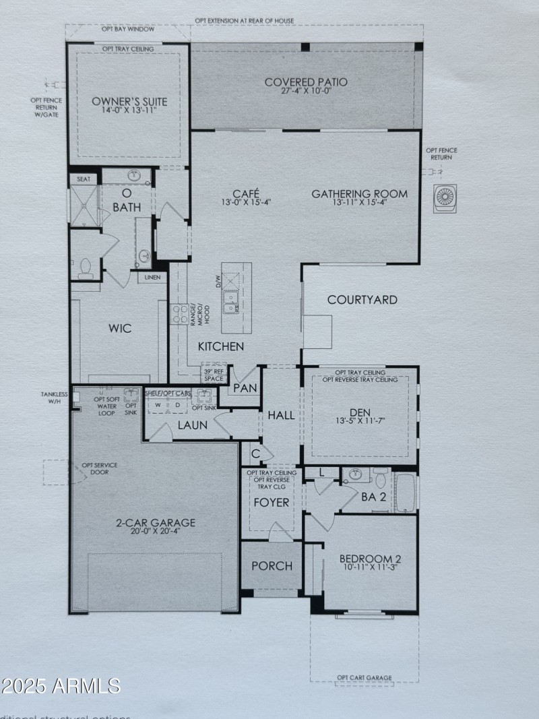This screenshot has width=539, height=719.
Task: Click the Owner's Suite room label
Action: click(x=129, y=102)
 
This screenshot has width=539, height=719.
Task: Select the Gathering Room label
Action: click(x=359, y=194)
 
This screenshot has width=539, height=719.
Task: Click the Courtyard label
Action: click(x=362, y=300)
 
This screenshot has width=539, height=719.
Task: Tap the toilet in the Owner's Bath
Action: click(x=85, y=268)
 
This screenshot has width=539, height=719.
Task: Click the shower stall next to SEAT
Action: click(x=84, y=205)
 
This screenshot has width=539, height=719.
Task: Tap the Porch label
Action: click(x=272, y=565)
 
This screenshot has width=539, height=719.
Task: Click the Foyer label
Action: click(x=271, y=503)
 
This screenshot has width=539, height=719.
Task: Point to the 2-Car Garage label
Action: click(x=154, y=522)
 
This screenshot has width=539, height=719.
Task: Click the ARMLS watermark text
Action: click(x=61, y=686)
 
